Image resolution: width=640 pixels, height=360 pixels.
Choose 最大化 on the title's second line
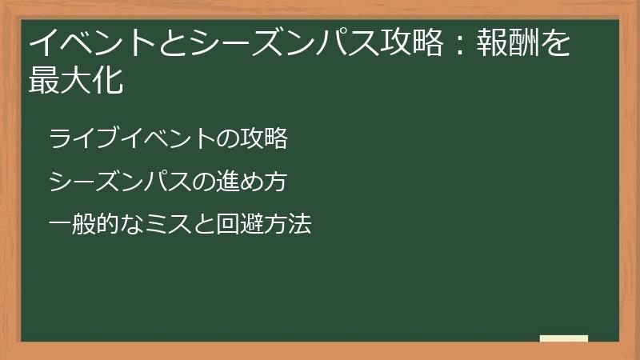(x=76, y=81)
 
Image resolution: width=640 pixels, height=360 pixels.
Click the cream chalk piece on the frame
(x=564, y=338)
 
